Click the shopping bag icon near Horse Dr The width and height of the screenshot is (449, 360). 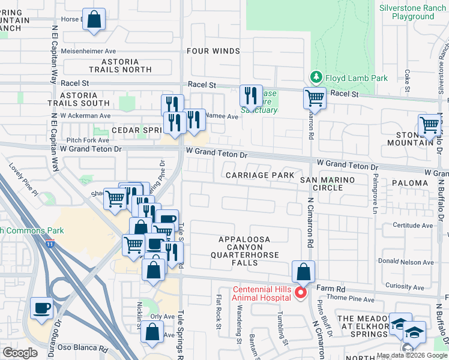pyautogui.click(x=94, y=19)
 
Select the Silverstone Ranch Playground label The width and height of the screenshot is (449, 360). pyautogui.click(x=413, y=12)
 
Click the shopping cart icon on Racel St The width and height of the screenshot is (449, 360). pyautogui.click(x=314, y=98)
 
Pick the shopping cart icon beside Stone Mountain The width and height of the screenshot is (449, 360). pyautogui.click(x=430, y=125)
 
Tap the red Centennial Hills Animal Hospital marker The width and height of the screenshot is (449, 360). pyautogui.click(x=303, y=292)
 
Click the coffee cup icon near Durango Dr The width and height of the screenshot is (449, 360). pyautogui.click(x=41, y=308)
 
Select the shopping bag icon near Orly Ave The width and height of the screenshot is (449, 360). pyautogui.click(x=153, y=331)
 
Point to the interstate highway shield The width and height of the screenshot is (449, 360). pyautogui.click(x=50, y=243)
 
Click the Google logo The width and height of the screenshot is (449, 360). pyautogui.click(x=20, y=352)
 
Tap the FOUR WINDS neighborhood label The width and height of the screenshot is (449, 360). pyautogui.click(x=213, y=51)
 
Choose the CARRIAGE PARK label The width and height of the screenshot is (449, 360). pyautogui.click(x=260, y=175)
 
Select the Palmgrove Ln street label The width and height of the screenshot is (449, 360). pyautogui.click(x=376, y=193)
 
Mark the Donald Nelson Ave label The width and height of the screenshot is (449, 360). pyautogui.click(x=406, y=262)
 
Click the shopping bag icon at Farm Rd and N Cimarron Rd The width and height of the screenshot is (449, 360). pyautogui.click(x=304, y=271)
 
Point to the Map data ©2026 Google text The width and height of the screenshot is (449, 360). pyautogui.click(x=411, y=355)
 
